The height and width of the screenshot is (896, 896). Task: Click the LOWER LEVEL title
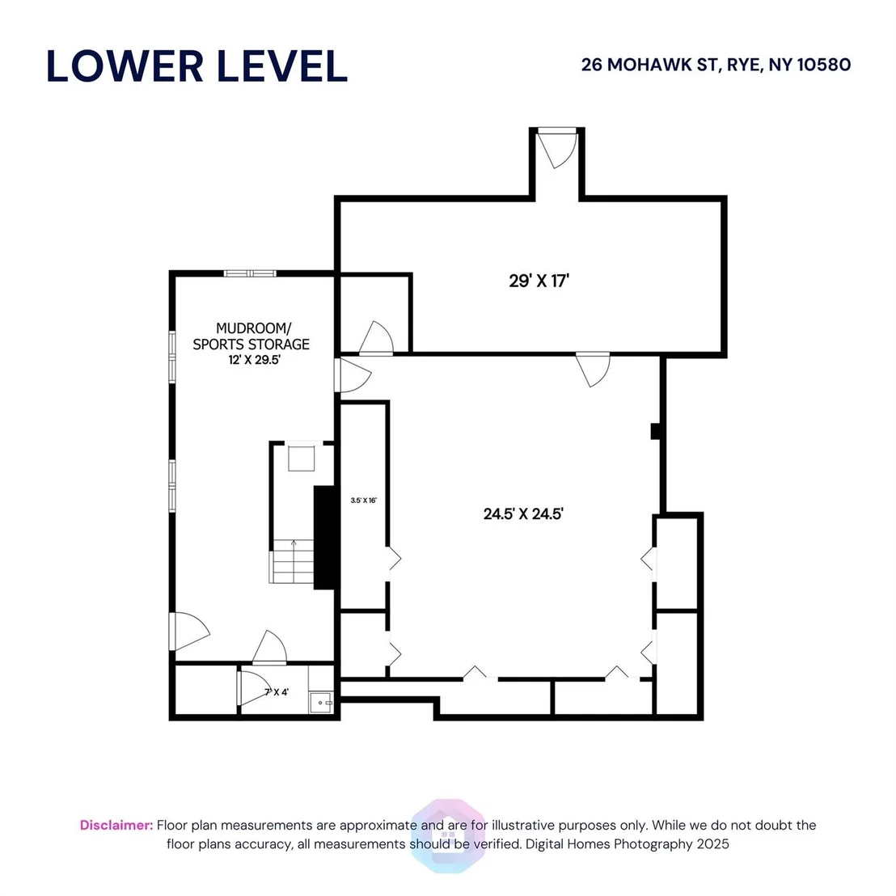tap(197, 66)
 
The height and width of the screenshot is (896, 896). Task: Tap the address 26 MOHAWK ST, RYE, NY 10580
tap(716, 65)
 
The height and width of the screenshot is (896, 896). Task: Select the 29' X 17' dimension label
tap(539, 281)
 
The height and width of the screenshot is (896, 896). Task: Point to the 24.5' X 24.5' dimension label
tap(523, 514)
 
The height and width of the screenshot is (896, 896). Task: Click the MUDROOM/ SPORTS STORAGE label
tap(251, 336)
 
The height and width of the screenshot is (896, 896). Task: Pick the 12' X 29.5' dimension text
tap(254, 360)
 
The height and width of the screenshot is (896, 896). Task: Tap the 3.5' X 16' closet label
tap(363, 501)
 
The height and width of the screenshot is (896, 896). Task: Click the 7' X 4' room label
tap(277, 692)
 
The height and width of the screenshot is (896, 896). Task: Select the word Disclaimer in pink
tap(116, 825)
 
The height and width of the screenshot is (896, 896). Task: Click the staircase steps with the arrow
tap(293, 561)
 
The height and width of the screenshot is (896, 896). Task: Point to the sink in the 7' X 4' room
tap(320, 702)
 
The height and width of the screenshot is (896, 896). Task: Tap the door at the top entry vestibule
tap(557, 149)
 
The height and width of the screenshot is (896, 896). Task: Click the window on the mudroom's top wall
tap(250, 273)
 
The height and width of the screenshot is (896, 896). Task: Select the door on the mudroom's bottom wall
tap(270, 648)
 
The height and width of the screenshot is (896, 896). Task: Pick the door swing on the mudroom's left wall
tap(189, 632)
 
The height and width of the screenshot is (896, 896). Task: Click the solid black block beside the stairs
tap(324, 538)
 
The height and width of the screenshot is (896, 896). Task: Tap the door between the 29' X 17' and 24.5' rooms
tap(593, 369)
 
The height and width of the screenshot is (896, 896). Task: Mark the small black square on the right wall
tap(656, 431)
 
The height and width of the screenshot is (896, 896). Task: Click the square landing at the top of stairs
tap(301, 459)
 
